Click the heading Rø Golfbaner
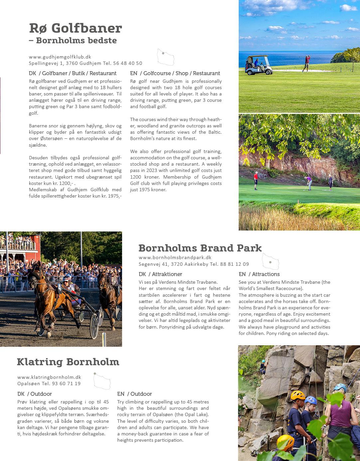75,28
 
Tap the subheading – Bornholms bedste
73,41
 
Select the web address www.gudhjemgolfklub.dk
60,57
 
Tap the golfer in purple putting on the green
309,183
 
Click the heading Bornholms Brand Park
200,248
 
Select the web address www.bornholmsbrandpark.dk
175,257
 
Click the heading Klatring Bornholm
68,362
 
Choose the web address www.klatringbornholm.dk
49,377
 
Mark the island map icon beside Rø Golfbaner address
166,57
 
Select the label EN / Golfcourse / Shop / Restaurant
175,73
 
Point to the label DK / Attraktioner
160,274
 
